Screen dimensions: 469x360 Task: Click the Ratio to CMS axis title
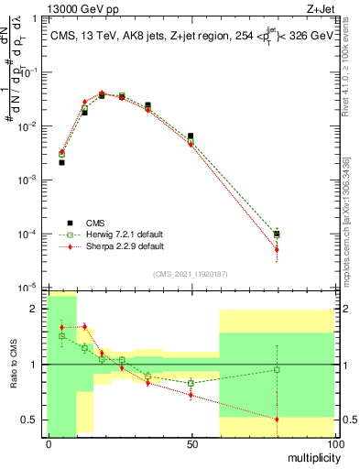[x=13, y=364]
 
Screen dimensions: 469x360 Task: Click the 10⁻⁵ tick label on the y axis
[x=30, y=288]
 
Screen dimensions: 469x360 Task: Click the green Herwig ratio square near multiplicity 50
[x=191, y=382]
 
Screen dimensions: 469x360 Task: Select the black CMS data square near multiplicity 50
[x=191, y=136]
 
